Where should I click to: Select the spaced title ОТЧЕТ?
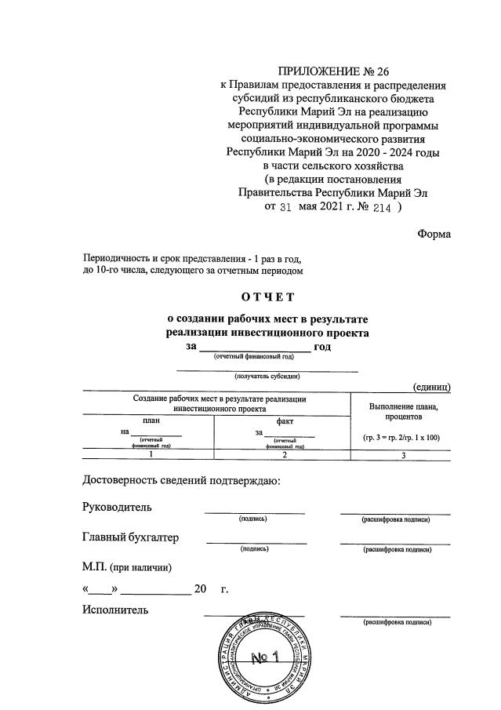(x=267, y=297)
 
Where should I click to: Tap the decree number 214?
(x=380, y=209)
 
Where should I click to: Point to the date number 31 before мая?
(x=285, y=209)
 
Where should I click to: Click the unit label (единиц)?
(x=430, y=386)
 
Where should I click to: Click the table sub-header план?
(x=151, y=421)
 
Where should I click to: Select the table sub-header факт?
(x=285, y=421)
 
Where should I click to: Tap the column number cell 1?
(x=151, y=454)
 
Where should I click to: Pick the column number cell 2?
(x=285, y=454)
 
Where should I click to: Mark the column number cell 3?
(x=403, y=454)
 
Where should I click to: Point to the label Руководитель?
(x=117, y=508)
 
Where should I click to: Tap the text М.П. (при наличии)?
(x=125, y=566)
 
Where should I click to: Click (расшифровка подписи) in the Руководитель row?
(x=397, y=520)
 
